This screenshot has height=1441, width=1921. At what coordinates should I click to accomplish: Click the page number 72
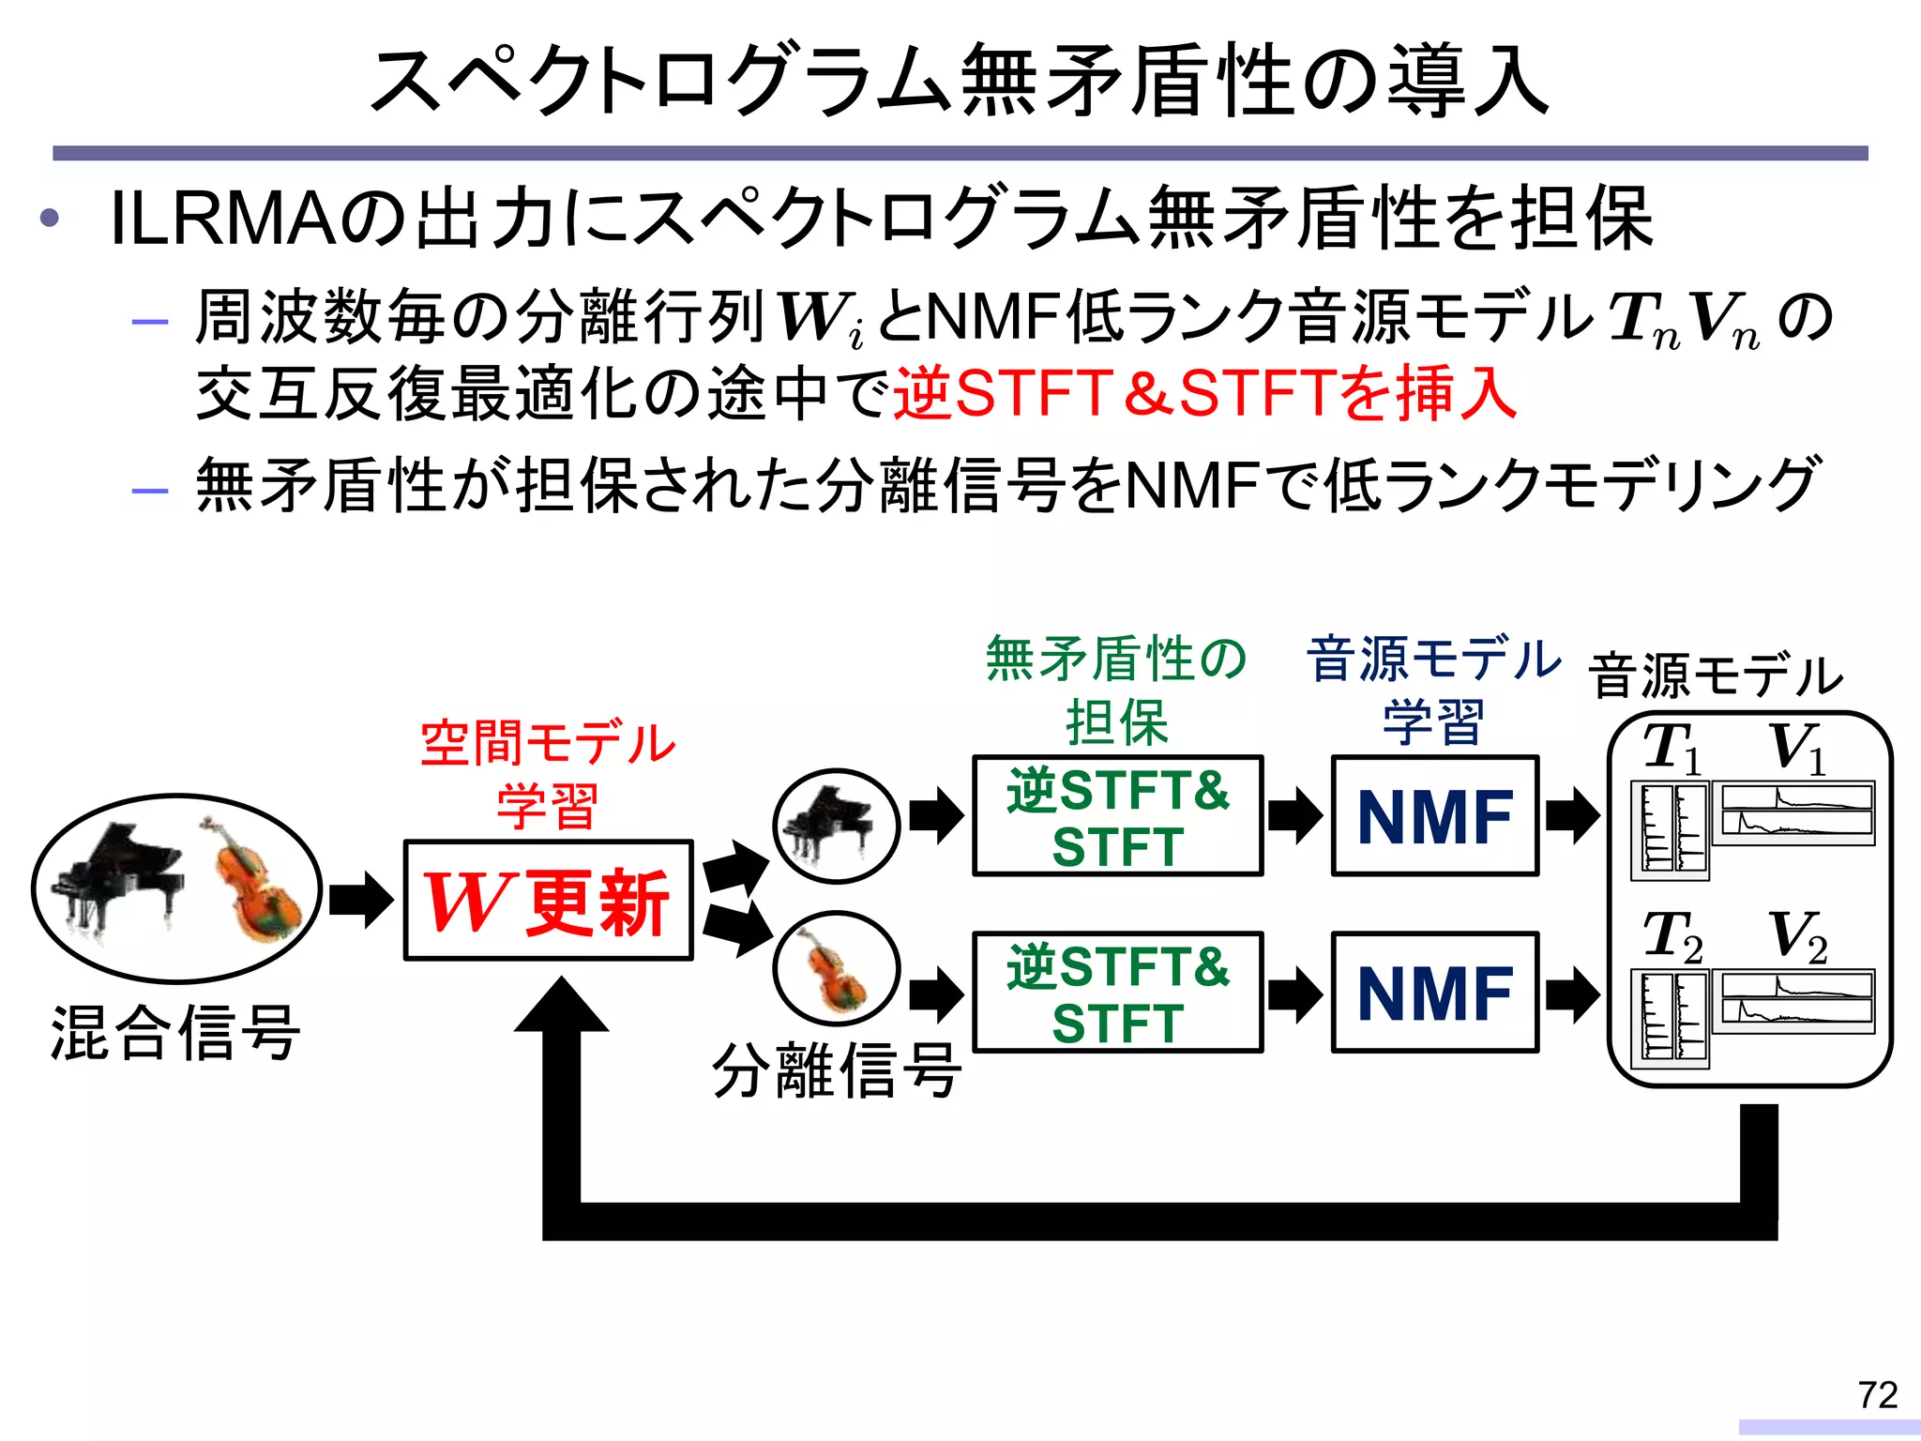[1877, 1395]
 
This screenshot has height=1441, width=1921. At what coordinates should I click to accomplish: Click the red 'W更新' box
[548, 901]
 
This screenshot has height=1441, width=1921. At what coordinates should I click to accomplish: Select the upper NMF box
[1434, 816]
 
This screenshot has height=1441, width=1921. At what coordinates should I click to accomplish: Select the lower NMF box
[1434, 993]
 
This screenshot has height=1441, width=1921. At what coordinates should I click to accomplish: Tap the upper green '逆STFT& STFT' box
[1117, 816]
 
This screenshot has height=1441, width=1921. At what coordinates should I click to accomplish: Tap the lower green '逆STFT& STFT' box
[1117, 993]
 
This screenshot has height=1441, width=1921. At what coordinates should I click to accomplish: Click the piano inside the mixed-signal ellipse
[117, 877]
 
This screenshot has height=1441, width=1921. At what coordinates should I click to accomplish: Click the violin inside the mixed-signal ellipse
[253, 882]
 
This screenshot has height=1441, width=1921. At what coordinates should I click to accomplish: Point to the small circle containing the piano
[836, 826]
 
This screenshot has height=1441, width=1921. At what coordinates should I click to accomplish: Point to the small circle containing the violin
[836, 969]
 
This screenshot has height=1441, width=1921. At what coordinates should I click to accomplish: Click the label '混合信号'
[175, 1033]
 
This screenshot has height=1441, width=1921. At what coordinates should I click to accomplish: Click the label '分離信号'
[836, 1070]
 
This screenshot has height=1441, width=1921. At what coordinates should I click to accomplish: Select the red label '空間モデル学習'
[548, 774]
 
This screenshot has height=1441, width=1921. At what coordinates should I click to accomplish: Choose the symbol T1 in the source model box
[1671, 749]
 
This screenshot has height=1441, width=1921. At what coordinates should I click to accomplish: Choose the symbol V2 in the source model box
[1797, 936]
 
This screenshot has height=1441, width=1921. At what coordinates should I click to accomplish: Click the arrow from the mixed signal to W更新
[361, 901]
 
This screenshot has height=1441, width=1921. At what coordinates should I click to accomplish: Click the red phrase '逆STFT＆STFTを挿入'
[1204, 394]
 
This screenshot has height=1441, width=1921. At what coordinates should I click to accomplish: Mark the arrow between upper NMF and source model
[1572, 816]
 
